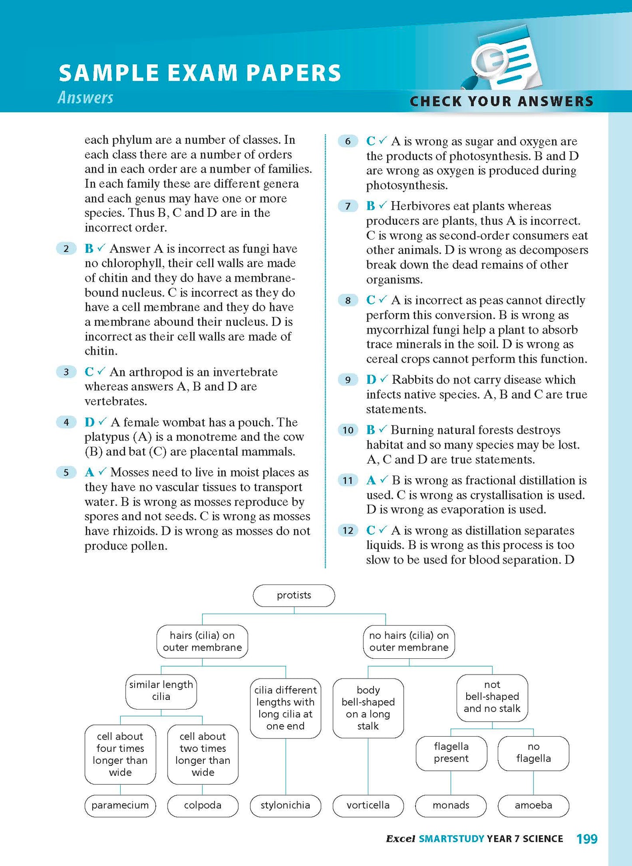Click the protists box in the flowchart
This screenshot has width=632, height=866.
294,595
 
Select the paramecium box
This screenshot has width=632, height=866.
120,805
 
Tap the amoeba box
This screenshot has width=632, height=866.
533,805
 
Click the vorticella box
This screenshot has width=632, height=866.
368,805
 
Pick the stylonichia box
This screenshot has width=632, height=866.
285,805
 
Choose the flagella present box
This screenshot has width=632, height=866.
451,753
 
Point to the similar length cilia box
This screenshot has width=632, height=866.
161,691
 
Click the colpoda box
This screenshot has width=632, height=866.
203,805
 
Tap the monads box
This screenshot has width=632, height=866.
451,805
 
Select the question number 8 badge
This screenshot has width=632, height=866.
348,300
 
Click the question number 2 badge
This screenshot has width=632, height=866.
66,249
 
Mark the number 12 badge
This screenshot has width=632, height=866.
348,531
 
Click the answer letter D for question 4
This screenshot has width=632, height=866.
90,422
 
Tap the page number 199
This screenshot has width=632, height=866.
587,839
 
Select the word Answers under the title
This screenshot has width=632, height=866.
86,97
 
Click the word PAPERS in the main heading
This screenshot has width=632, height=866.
293,73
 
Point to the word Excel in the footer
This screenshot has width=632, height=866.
400,839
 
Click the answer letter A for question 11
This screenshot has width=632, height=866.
371,480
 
